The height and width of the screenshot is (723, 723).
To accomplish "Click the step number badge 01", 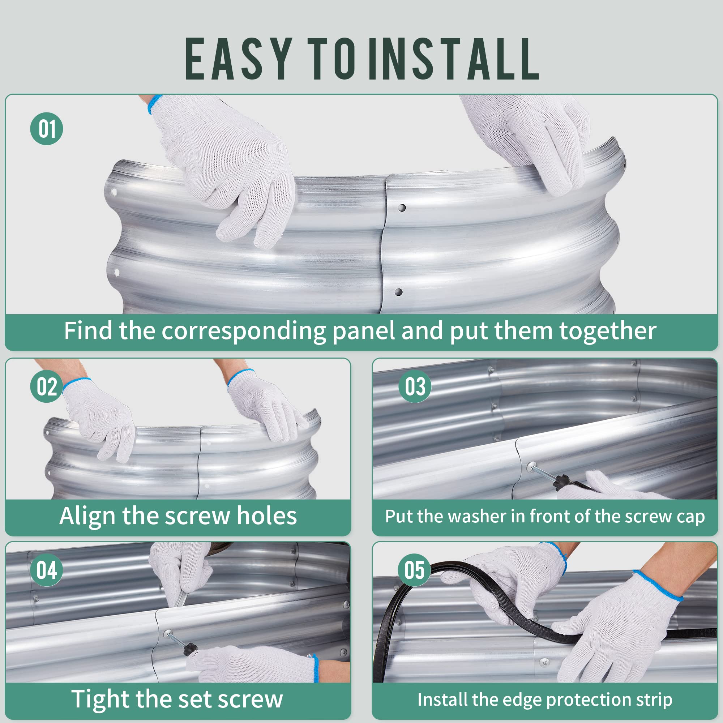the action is (46, 129).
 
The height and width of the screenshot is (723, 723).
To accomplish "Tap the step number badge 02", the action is (46, 386).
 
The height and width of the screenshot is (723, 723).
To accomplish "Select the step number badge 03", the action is (415, 386).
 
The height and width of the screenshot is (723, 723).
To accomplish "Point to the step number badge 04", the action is (46, 570).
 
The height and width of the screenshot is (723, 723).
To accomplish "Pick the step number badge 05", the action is (415, 570).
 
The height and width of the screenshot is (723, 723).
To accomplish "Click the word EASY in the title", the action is (239, 59).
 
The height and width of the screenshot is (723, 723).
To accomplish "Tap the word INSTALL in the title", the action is (454, 59).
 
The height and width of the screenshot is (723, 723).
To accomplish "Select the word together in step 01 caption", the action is (607, 331).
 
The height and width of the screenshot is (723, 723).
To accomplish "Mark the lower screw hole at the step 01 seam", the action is (398, 292).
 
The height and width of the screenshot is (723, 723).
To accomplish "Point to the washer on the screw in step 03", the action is (531, 467).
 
